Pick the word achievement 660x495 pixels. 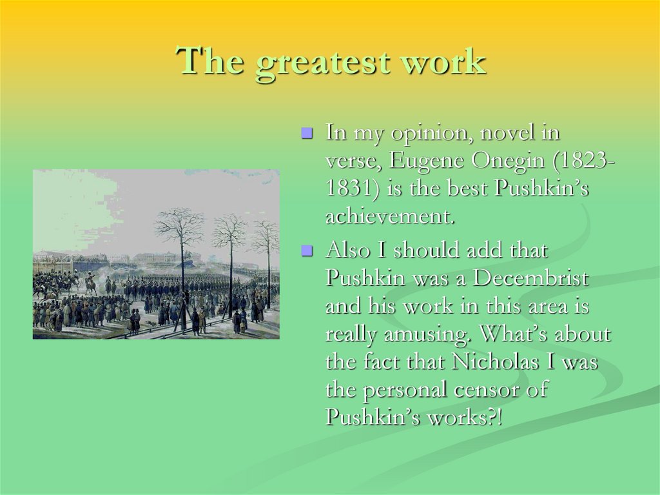390,217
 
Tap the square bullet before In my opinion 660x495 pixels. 307,134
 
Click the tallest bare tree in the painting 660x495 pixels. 181,258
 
